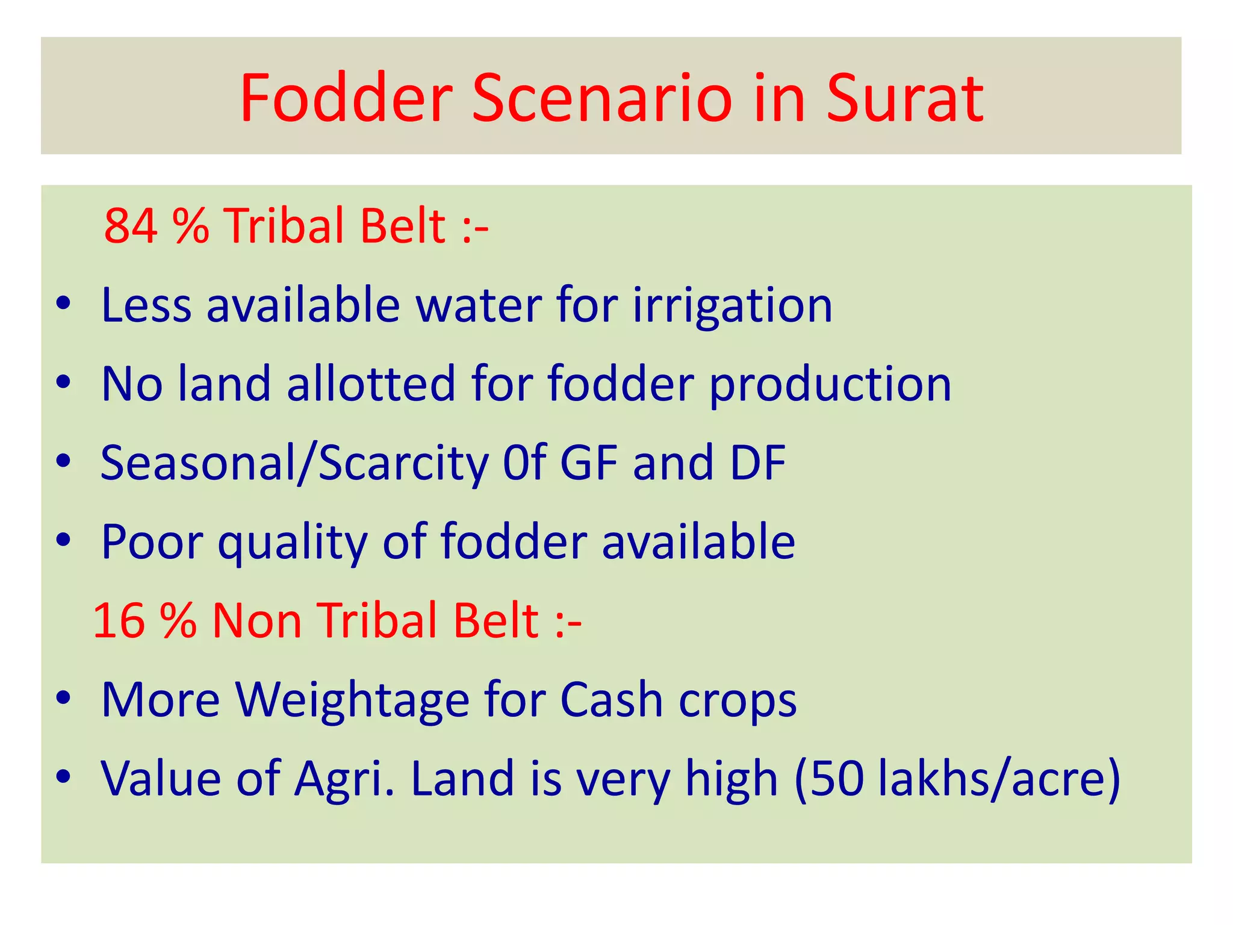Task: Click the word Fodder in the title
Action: click(346, 98)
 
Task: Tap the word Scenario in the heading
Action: click(602, 98)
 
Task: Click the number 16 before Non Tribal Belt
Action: click(119, 621)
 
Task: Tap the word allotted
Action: click(371, 384)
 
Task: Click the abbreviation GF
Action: click(589, 463)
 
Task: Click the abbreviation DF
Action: click(757, 463)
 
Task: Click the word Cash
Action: click(612, 700)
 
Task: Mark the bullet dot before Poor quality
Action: click(63, 540)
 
